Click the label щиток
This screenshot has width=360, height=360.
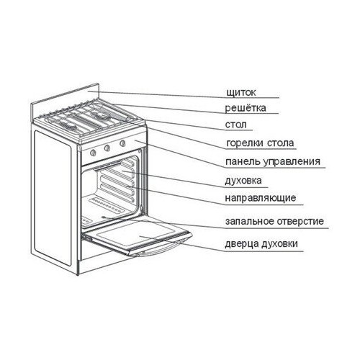(241, 92)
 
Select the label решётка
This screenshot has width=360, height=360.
(246, 108)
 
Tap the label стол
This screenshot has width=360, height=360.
(235, 125)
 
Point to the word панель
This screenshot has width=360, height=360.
(243, 161)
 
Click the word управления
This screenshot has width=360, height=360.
(292, 162)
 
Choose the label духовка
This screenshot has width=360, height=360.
(243, 180)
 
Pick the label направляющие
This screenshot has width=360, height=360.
(261, 198)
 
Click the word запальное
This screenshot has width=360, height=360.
(249, 221)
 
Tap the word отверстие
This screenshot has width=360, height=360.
(300, 221)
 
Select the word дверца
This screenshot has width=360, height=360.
(241, 244)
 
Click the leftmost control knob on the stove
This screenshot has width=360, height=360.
(93, 152)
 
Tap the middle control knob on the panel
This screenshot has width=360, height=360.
(107, 148)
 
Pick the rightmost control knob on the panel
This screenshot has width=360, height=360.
(122, 143)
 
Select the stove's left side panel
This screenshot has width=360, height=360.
(53, 198)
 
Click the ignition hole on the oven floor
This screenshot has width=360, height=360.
(104, 217)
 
